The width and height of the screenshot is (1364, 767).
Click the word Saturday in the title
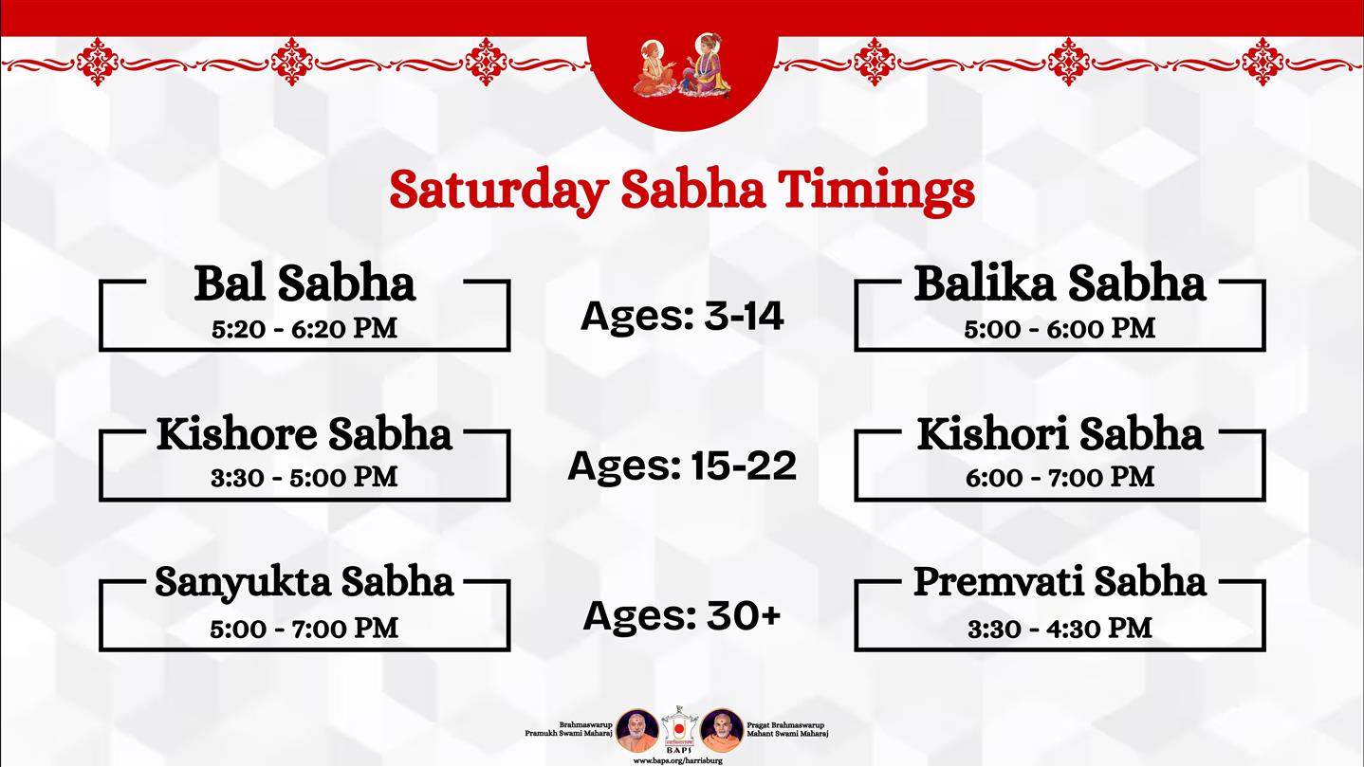point(499,191)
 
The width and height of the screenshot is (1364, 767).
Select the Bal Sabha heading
point(304,283)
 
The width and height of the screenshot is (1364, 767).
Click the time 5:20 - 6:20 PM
point(304,329)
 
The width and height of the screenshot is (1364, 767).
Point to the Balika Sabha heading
point(1060,283)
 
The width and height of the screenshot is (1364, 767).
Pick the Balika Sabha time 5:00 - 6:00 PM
point(1060,329)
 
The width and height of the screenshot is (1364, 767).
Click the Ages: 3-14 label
point(682,317)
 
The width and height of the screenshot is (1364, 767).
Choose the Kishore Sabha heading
point(304,434)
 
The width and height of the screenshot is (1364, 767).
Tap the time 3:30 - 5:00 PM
point(304,477)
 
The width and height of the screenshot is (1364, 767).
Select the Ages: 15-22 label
point(682,466)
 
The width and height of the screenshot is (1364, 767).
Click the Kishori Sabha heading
point(1060,434)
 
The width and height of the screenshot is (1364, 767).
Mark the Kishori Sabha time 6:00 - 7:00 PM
point(1060,477)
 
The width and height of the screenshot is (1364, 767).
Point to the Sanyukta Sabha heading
point(304,583)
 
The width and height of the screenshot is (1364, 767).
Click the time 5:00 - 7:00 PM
point(304,629)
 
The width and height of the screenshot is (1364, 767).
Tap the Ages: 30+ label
point(682,616)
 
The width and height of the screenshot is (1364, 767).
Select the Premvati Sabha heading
point(1060,582)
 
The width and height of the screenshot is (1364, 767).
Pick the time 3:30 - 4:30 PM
point(1060,629)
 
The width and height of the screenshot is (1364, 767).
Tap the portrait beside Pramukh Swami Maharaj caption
point(636,730)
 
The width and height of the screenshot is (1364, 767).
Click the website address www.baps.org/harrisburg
point(678,761)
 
